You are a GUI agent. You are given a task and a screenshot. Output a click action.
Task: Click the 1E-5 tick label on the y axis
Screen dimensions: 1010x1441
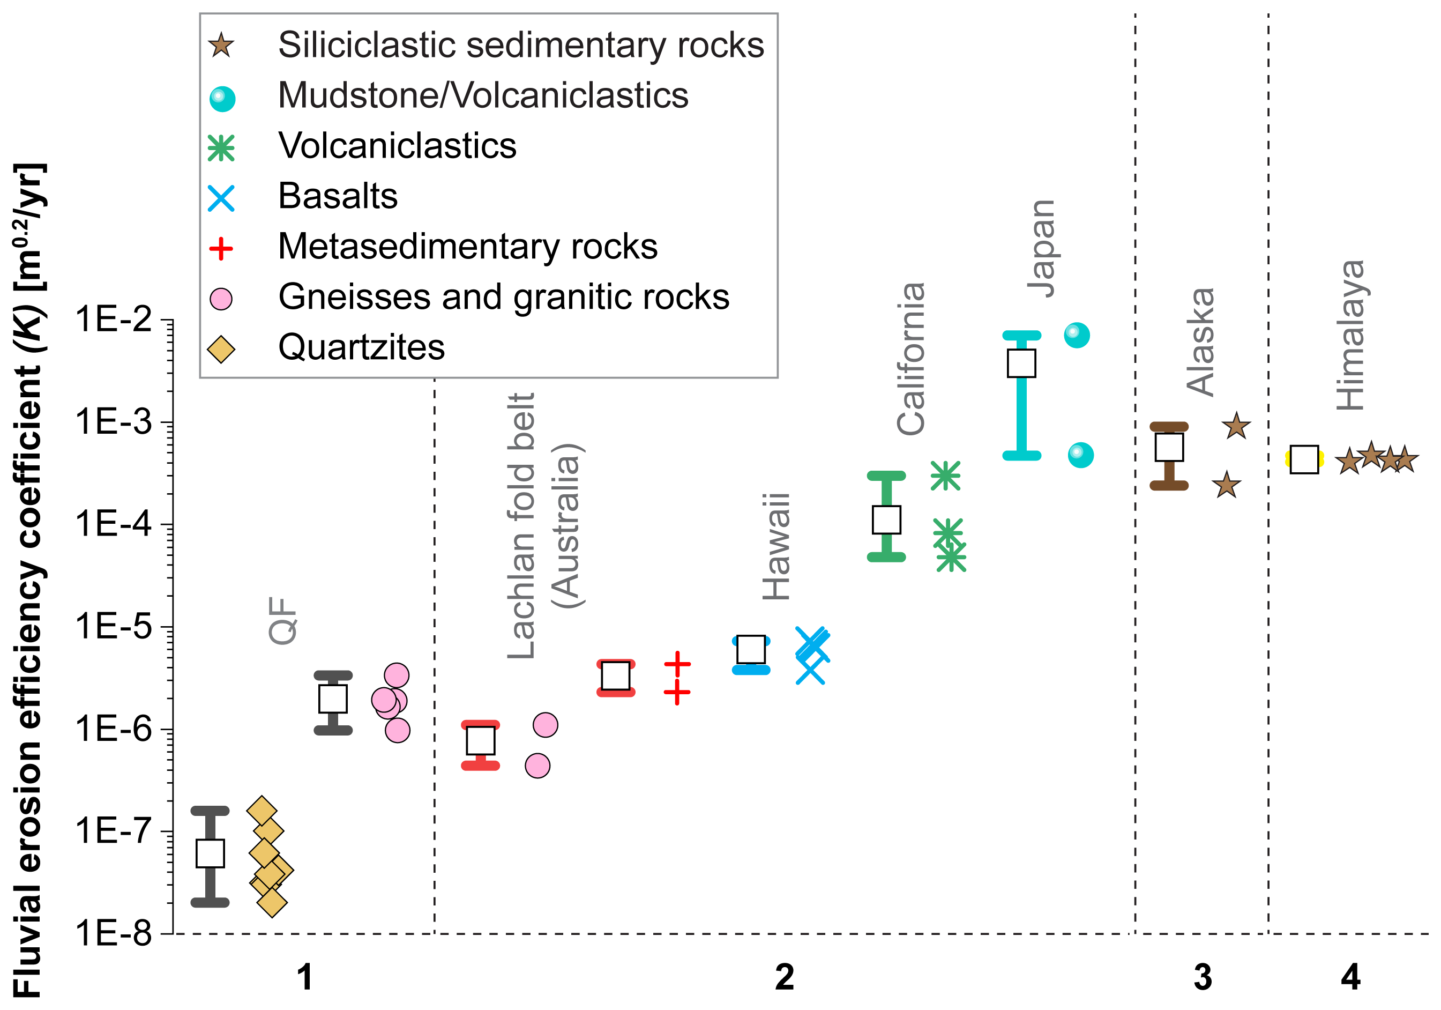pyautogui.click(x=114, y=627)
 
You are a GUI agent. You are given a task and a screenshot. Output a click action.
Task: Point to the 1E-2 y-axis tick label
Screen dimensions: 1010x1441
pyautogui.click(x=114, y=320)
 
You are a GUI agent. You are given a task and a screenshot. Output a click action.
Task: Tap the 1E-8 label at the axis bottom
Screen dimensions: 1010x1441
pyautogui.click(x=114, y=933)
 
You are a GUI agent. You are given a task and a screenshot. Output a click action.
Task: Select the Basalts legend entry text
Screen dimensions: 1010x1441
pyautogui.click(x=338, y=196)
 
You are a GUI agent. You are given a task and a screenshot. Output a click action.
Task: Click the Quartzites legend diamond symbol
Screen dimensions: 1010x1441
pyautogui.click(x=221, y=349)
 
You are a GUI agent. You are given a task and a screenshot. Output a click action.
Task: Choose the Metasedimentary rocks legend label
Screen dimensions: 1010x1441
pyautogui.click(x=468, y=246)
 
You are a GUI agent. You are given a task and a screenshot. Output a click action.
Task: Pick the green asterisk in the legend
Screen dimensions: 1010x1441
pyautogui.click(x=221, y=148)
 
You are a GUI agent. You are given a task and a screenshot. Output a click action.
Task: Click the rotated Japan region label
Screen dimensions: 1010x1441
pyautogui.click(x=1040, y=248)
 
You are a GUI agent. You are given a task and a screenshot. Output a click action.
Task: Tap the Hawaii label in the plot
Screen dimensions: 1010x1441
pyautogui.click(x=776, y=546)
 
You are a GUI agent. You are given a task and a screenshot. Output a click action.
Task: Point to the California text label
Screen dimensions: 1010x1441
pyautogui.click(x=910, y=359)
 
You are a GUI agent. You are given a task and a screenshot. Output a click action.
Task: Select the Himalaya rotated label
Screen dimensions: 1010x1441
pyautogui.click(x=1350, y=335)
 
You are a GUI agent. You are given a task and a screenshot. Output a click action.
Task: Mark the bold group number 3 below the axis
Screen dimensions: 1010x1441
pyautogui.click(x=1203, y=977)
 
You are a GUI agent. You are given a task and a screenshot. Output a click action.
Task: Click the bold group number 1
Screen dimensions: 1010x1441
pyautogui.click(x=305, y=977)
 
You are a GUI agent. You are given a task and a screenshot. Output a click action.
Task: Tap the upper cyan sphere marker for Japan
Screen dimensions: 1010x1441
pyautogui.click(x=1077, y=335)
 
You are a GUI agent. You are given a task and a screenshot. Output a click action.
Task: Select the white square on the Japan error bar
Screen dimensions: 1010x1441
pyautogui.click(x=1021, y=363)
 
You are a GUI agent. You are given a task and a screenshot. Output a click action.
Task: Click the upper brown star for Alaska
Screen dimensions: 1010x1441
pyautogui.click(x=1236, y=426)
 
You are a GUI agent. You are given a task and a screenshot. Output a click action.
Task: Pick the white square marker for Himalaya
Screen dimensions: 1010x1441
pyautogui.click(x=1304, y=459)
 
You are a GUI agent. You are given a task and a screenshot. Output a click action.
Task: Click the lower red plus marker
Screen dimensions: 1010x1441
pyautogui.click(x=677, y=693)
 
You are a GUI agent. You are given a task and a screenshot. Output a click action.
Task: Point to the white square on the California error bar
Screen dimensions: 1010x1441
pyautogui.click(x=886, y=519)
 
